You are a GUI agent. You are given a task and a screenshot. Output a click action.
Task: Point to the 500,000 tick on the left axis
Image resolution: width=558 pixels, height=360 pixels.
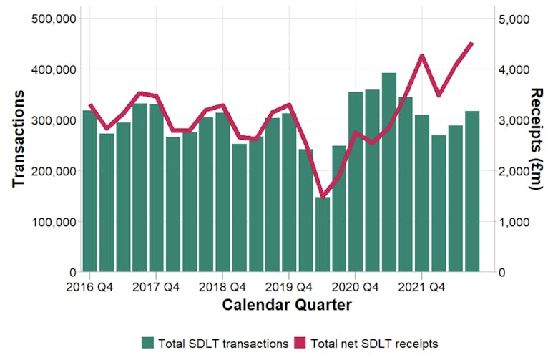(x=55, y=19)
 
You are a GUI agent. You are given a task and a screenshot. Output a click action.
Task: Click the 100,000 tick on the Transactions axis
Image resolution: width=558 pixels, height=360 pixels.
(x=55, y=222)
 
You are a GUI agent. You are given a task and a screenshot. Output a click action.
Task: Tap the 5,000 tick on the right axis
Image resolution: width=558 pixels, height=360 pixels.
(x=513, y=19)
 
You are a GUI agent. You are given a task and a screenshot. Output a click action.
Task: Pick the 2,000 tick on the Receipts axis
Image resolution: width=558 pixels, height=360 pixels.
(x=513, y=171)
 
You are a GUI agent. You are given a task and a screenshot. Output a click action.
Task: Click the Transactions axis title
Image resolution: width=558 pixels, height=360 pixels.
(x=19, y=139)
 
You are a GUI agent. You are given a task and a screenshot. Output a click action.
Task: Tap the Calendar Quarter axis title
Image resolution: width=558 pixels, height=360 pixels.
(x=286, y=306)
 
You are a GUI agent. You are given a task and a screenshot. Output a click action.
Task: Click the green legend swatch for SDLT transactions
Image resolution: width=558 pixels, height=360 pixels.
(x=148, y=343)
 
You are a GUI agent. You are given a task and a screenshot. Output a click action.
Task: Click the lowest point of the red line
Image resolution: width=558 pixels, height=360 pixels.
(x=323, y=195)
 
